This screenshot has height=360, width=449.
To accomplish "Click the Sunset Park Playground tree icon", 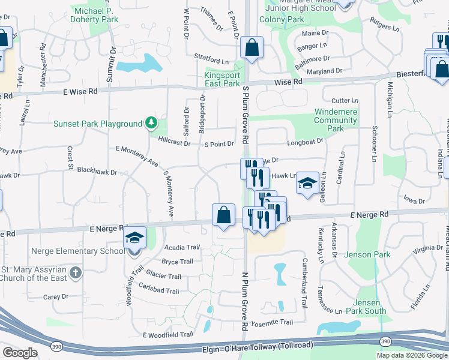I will click(x=152, y=124).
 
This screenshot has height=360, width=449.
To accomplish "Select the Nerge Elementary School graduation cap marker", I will click(x=135, y=238).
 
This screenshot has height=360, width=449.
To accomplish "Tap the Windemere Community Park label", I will click(x=336, y=120).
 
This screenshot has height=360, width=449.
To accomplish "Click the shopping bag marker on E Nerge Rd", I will click(x=223, y=215).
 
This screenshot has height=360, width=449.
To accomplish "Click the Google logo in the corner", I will click(x=20, y=353).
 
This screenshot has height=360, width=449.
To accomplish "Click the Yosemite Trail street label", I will click(x=274, y=322).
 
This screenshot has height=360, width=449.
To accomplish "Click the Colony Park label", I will click(x=282, y=19).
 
